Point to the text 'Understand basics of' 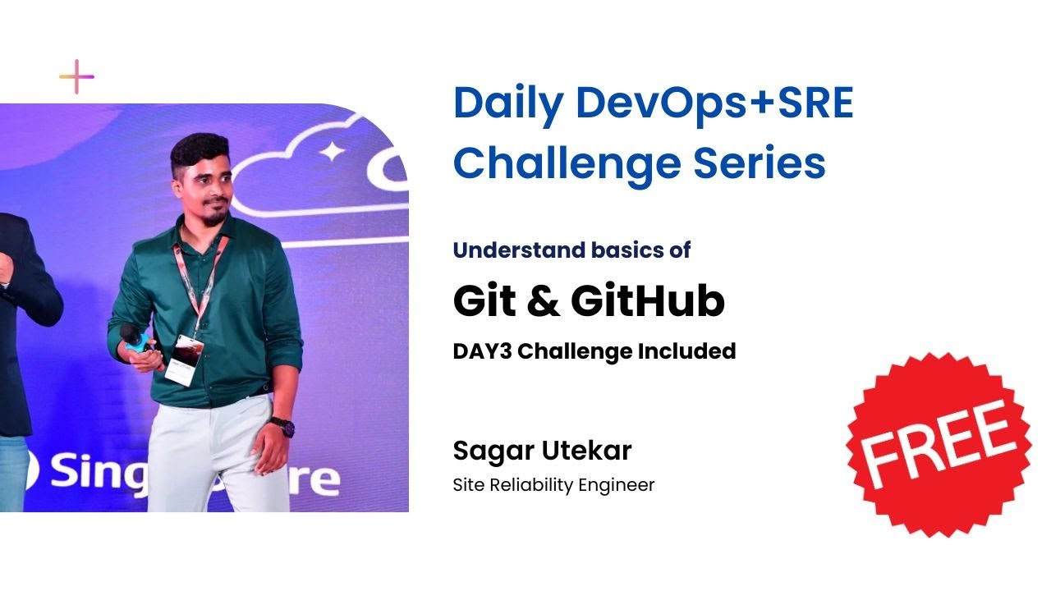point(571,250)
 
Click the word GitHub point(648,301)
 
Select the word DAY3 point(482,351)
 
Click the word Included point(686,351)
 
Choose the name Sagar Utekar point(542,451)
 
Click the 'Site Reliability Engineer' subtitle point(553,485)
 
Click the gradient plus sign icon point(76,77)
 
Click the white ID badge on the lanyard point(181,359)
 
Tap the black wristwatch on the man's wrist point(282,427)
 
